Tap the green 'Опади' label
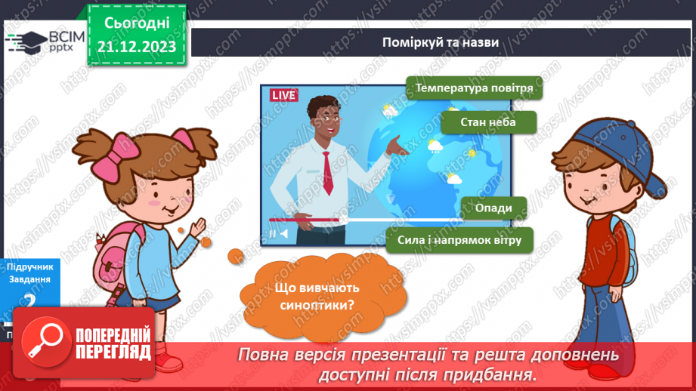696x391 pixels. (493, 208)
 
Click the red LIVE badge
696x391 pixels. (283, 95)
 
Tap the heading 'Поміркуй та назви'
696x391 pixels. (440, 42)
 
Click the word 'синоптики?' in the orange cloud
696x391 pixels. (312, 305)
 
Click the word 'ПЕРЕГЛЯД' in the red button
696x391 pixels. (113, 351)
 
